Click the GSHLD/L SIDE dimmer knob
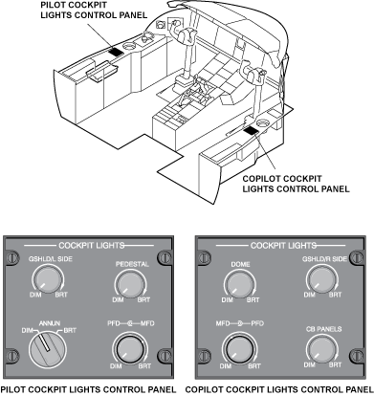coord(48,280)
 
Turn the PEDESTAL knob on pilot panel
coord(130,285)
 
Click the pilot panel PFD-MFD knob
coord(130,349)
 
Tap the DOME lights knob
coord(240,285)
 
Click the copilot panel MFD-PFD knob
coord(240,349)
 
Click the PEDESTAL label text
coord(132,264)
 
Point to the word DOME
coord(240,264)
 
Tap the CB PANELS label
coord(323,329)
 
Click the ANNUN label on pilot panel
coord(50,323)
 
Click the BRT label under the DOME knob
coord(253,300)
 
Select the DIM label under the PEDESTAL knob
coord(118,300)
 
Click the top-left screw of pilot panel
coord(11,257)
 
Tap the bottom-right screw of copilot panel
coord(356,355)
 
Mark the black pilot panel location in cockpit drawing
coord(116,52)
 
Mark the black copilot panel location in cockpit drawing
coord(252,130)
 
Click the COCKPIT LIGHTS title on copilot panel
coord(283,246)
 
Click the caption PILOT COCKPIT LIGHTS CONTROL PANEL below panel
coord(88,389)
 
